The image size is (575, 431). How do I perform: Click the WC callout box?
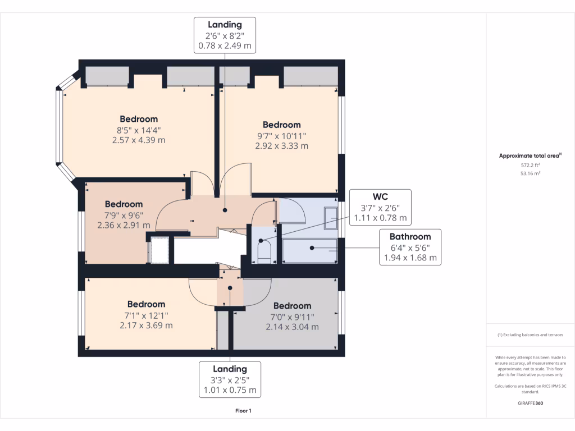[x=380, y=208]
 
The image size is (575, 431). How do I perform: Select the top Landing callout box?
[x=225, y=35]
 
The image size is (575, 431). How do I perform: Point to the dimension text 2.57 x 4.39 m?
[x=139, y=140]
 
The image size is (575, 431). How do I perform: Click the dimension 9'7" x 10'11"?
[x=282, y=136]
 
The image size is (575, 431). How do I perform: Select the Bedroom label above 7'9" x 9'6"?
[x=124, y=204]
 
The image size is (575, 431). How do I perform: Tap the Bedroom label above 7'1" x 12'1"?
[x=147, y=304]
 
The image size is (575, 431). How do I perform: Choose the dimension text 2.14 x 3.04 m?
[x=292, y=327]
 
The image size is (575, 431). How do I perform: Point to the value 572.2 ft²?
[x=530, y=166]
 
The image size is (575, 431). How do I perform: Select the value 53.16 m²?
[x=530, y=173]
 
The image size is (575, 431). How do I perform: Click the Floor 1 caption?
[x=243, y=411]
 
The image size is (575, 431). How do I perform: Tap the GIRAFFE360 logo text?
[x=530, y=403]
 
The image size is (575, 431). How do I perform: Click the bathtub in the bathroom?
[x=309, y=251]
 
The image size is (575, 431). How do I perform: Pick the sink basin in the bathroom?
[x=331, y=218]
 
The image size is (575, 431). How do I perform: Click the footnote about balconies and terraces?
[x=530, y=334]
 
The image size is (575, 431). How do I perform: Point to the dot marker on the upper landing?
[x=225, y=210]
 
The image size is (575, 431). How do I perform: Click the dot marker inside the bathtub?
[x=312, y=248]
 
